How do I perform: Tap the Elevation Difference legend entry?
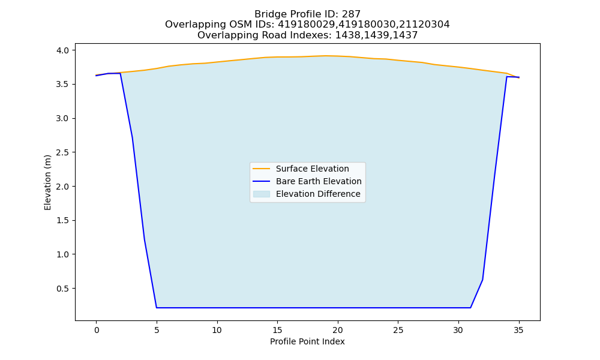click(307, 194)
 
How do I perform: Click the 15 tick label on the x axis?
click(277, 330)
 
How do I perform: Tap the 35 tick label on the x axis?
click(518, 330)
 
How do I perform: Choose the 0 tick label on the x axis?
click(97, 330)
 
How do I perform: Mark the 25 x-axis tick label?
click(398, 330)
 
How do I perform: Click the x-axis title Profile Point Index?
click(307, 341)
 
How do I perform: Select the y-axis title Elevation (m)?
click(47, 182)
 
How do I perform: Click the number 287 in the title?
click(352, 14)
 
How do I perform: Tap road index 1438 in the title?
click(347, 35)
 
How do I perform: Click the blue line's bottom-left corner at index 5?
click(157, 308)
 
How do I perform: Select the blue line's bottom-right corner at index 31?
click(470, 308)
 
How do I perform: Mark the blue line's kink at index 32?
click(482, 280)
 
